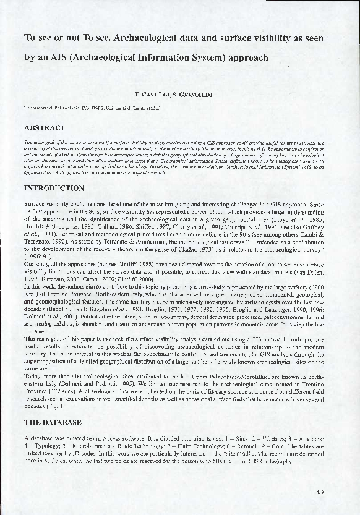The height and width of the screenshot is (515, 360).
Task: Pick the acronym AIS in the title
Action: click(61, 58)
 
